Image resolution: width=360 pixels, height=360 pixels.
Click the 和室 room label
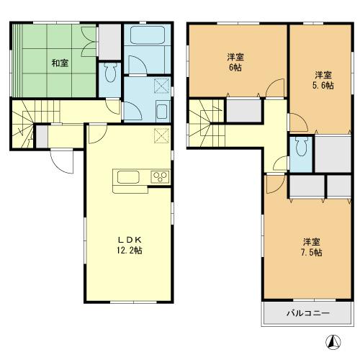(x=60, y=63)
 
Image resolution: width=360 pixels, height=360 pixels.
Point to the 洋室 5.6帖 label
(x=323, y=79)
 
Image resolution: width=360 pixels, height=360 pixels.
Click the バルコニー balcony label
(x=308, y=313)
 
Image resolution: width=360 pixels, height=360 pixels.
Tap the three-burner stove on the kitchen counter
(x=159, y=177)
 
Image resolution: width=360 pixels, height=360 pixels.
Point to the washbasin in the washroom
(x=162, y=112)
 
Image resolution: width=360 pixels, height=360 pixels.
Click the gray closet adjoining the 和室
(x=109, y=42)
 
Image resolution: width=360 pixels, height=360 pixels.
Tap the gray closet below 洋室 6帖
(x=243, y=111)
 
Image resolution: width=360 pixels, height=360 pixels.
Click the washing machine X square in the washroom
(x=161, y=86)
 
